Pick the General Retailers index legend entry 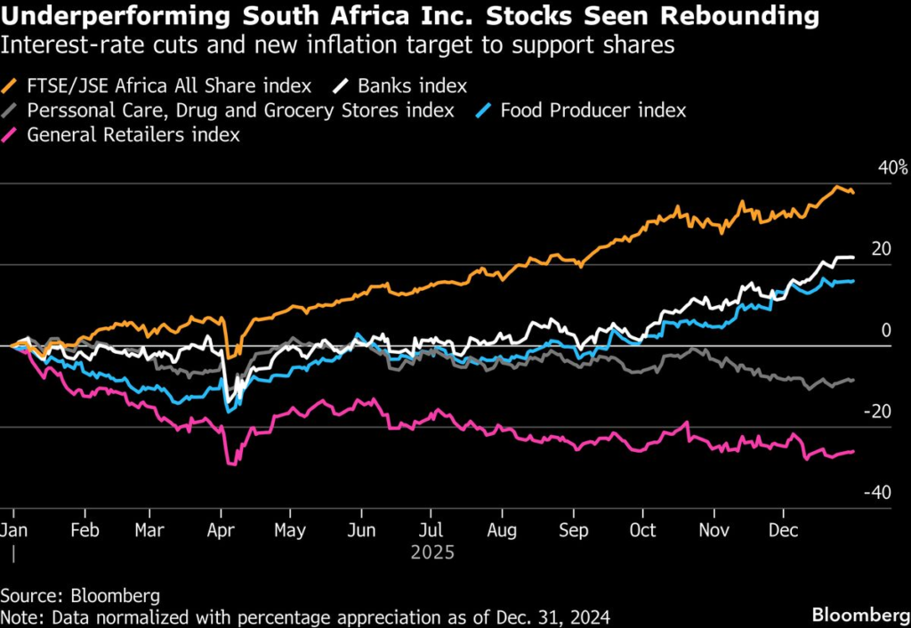pyautogui.click(x=133, y=134)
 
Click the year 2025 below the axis pyautogui.click(x=432, y=552)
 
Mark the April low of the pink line pyautogui.click(x=231, y=463)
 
